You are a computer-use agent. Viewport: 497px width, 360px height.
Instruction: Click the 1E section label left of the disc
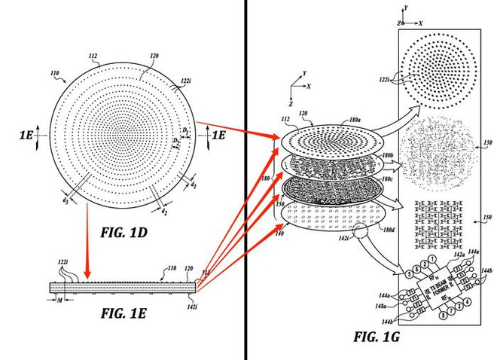[x=27, y=136]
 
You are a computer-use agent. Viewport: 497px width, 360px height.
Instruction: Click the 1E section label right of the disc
[x=217, y=136]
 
